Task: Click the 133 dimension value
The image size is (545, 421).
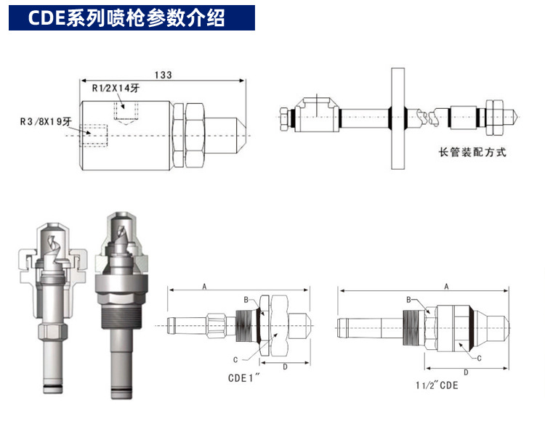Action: tap(163, 74)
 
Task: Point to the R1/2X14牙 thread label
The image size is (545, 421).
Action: tap(118, 89)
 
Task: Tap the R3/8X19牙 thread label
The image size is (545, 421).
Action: tap(43, 123)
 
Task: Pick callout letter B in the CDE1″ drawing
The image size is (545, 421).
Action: tap(246, 299)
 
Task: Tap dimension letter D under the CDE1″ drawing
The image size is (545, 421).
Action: tap(284, 367)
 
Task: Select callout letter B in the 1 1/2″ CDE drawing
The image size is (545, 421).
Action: tap(408, 299)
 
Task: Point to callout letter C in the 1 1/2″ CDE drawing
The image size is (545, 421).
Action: tap(480, 359)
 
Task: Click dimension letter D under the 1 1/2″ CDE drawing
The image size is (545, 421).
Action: tap(464, 372)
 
